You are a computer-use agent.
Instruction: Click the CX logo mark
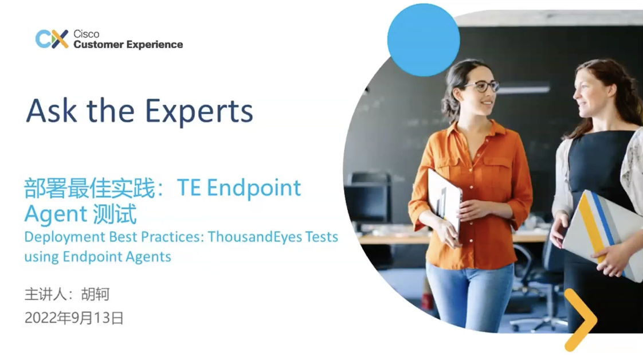[52, 39]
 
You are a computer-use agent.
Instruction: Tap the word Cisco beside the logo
[86, 34]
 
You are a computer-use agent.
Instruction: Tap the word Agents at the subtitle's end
[150, 256]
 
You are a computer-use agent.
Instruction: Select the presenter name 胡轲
[95, 295]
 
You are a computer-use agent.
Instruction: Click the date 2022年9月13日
[74, 318]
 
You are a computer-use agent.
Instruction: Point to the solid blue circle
[424, 40]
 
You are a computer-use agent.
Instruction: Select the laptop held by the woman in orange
[444, 201]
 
